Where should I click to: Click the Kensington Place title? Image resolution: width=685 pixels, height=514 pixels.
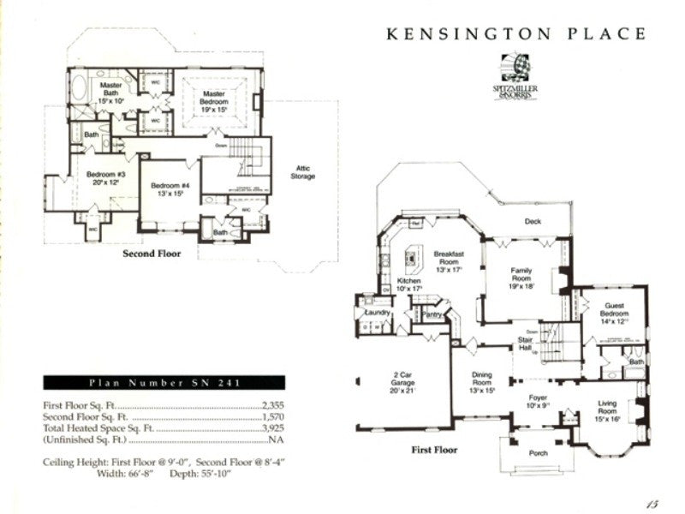tap(516, 33)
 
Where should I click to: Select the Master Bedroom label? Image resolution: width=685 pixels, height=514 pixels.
tap(214, 101)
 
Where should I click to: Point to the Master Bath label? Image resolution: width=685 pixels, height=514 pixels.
tap(110, 90)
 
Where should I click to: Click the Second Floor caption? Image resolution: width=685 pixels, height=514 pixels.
tap(151, 254)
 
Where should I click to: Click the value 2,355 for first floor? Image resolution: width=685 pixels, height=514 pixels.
tap(271, 407)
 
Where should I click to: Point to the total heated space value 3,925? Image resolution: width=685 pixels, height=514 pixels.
tap(271, 427)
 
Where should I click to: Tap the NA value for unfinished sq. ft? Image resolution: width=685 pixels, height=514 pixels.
tap(276, 439)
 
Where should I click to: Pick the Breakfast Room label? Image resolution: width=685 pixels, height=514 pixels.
tap(448, 259)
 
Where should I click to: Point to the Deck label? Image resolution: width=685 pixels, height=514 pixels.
tap(533, 220)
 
